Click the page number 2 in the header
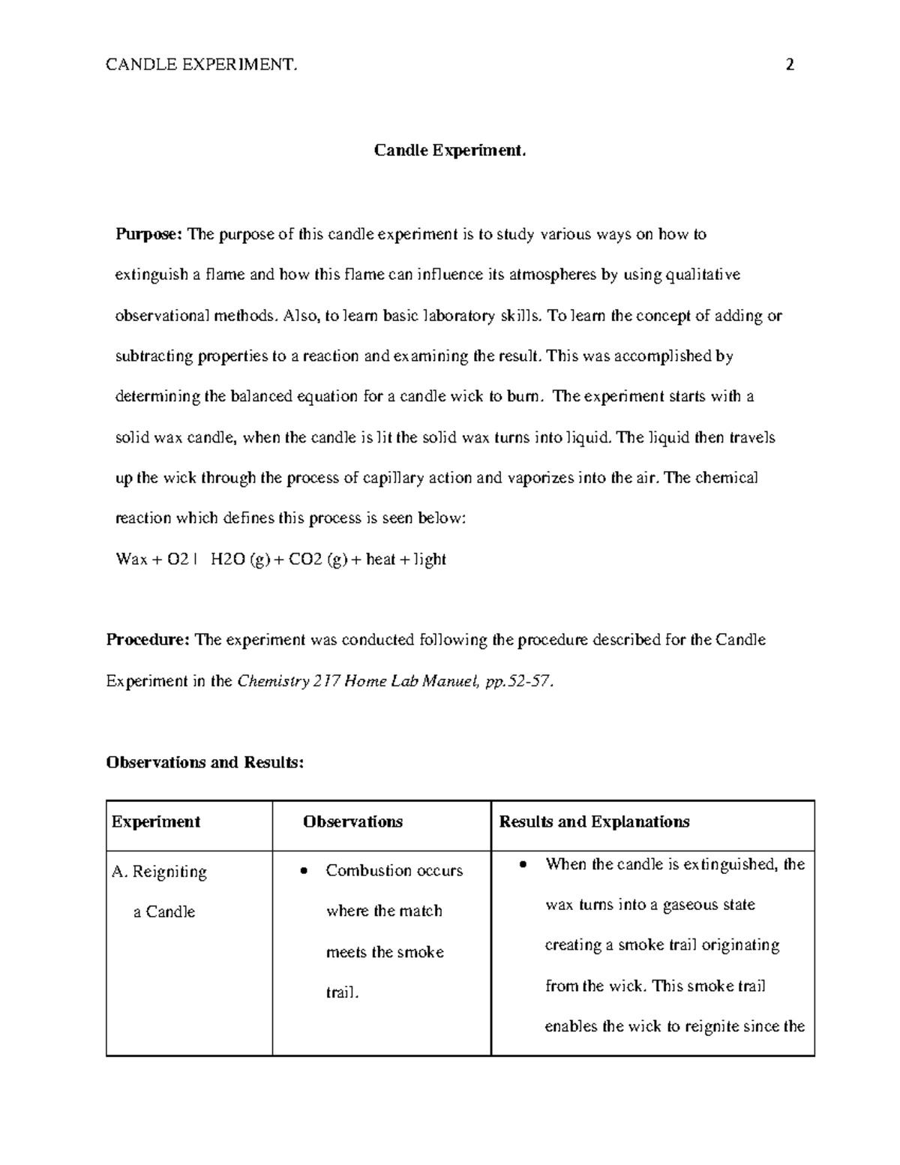(789, 65)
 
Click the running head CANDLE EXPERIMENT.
(202, 65)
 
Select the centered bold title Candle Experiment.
(450, 151)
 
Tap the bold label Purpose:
(148, 235)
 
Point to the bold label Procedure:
(148, 640)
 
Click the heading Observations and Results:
(205, 762)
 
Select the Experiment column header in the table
(156, 821)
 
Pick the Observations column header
(352, 821)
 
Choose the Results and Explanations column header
(594, 821)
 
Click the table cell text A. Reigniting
(159, 872)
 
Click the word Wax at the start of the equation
(131, 560)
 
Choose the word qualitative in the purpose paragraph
(704, 275)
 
